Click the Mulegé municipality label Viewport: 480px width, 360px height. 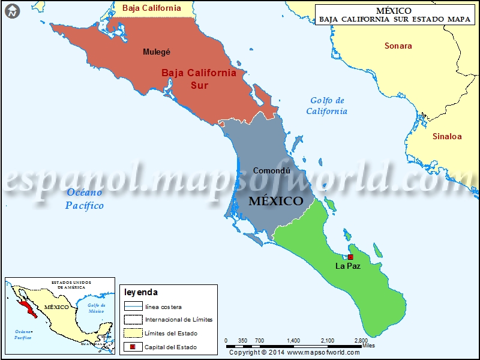[x=157, y=52]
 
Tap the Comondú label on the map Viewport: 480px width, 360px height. [x=272, y=170]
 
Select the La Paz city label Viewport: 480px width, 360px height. [x=348, y=265]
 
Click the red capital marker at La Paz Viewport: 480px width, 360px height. [x=351, y=257]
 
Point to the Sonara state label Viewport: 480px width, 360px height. [x=398, y=46]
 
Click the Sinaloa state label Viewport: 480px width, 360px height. [x=447, y=136]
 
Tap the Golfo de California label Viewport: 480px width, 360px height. [x=327, y=106]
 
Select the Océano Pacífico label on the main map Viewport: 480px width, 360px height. [x=85, y=199]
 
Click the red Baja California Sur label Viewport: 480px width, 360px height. [x=198, y=79]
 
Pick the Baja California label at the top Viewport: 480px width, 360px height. [x=151, y=8]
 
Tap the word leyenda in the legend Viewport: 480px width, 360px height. [x=141, y=292]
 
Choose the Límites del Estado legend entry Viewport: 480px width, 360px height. [x=170, y=334]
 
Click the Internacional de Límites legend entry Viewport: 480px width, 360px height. [x=178, y=320]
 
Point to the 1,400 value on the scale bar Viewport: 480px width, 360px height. [x=293, y=340]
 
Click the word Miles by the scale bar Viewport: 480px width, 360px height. [x=369, y=346]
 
